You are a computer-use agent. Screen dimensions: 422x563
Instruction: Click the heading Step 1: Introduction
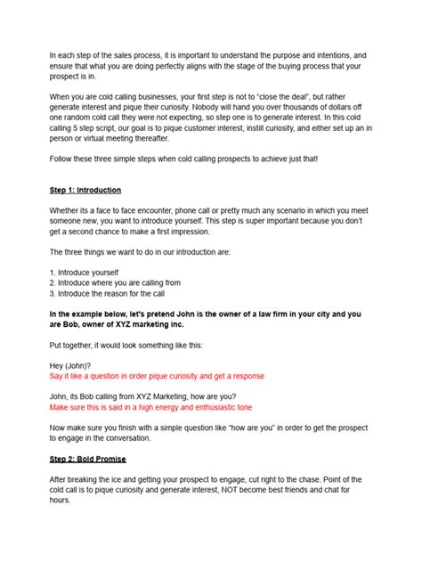[x=85, y=191]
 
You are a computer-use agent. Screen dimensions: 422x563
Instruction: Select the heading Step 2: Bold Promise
[x=88, y=459]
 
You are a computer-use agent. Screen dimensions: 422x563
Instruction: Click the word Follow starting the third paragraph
[x=62, y=159]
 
